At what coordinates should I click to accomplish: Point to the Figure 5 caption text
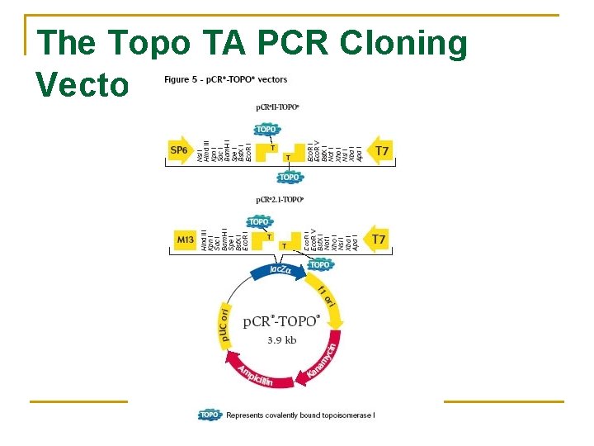coord(225,79)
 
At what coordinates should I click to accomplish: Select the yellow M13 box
coord(185,240)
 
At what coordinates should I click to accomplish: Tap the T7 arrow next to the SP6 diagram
coord(379,150)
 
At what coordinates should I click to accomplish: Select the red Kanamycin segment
coord(322,363)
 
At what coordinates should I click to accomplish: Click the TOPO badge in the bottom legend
coord(210,415)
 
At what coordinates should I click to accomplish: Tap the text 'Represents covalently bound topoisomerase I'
coord(300,415)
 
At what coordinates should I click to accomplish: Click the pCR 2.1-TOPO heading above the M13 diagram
coord(280,199)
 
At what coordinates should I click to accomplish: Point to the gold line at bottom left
coord(78,401)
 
